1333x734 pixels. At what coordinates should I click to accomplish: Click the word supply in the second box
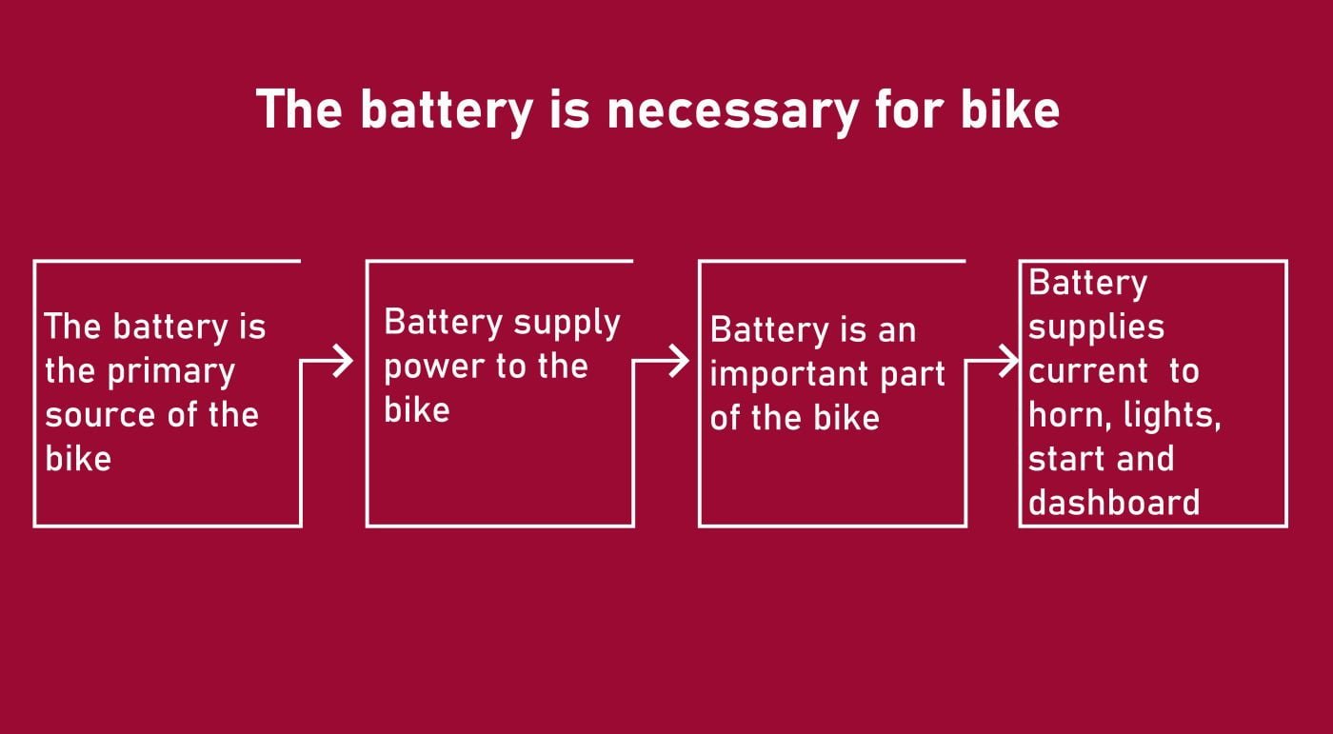(567, 324)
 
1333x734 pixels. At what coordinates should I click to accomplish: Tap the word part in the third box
(911, 374)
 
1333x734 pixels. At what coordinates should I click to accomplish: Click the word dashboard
(1114, 502)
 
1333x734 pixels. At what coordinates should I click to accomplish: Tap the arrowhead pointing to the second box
(344, 361)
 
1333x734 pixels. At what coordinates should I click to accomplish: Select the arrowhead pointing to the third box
(678, 361)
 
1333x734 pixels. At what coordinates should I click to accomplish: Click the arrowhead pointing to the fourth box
(1009, 361)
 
